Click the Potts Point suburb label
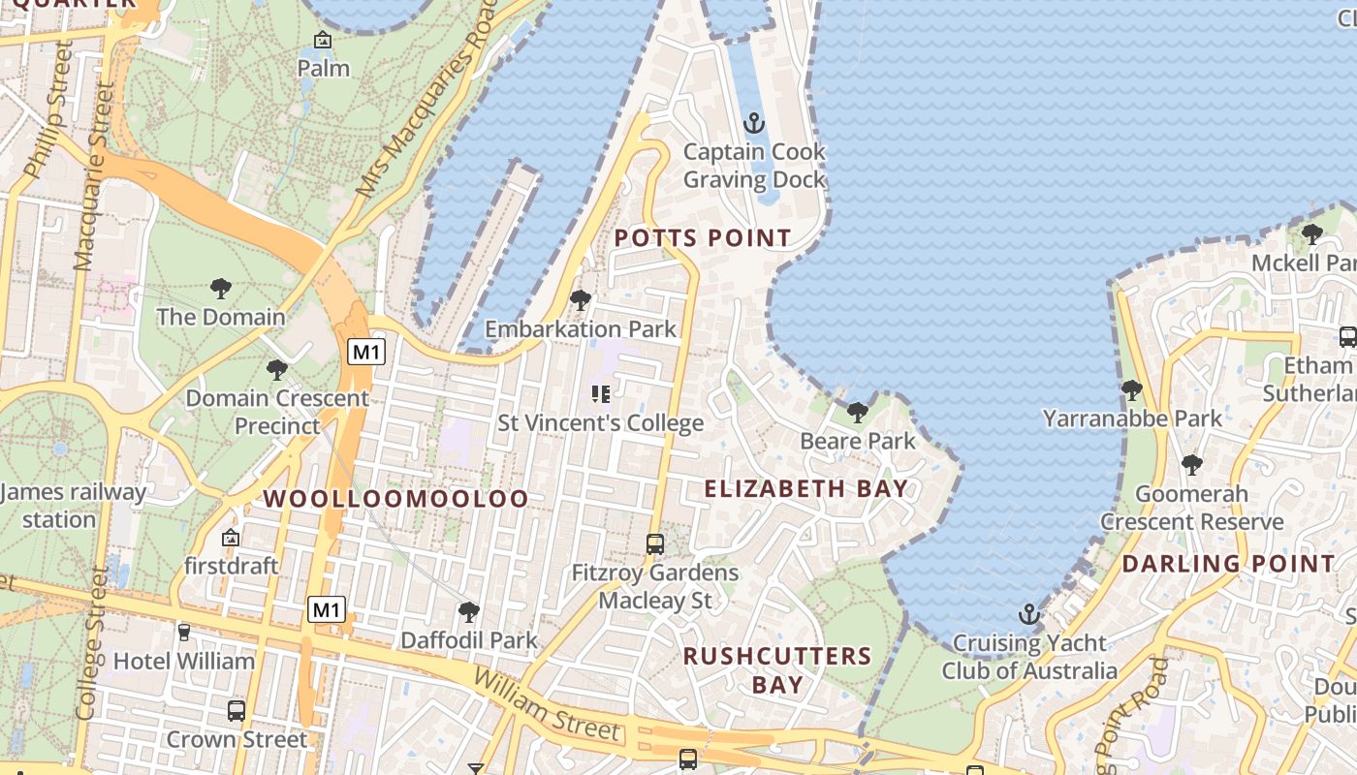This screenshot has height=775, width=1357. tap(703, 237)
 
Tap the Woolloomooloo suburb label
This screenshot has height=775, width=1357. tap(396, 499)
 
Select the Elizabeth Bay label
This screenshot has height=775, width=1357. tap(806, 488)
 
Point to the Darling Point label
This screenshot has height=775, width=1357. tap(1228, 563)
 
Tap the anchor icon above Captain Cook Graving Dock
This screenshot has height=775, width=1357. tap(753, 124)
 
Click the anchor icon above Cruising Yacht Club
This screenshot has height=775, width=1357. tap(1028, 614)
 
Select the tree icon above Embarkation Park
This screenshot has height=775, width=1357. tap(581, 300)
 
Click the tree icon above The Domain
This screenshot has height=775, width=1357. tap(221, 288)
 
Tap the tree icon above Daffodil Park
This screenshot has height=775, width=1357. tap(469, 612)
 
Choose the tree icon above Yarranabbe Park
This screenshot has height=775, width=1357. tap(1131, 390)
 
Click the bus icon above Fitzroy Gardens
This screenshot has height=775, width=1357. tap(655, 544)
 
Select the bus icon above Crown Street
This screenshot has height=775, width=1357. tap(237, 711)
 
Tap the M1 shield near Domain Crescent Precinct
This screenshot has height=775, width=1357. tap(366, 352)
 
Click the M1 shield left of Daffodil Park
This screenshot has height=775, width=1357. tap(327, 609)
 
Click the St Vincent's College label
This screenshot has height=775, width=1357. tap(600, 423)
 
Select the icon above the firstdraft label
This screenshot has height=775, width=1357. tap(231, 538)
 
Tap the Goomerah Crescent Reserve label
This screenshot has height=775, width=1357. tap(1191, 508)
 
